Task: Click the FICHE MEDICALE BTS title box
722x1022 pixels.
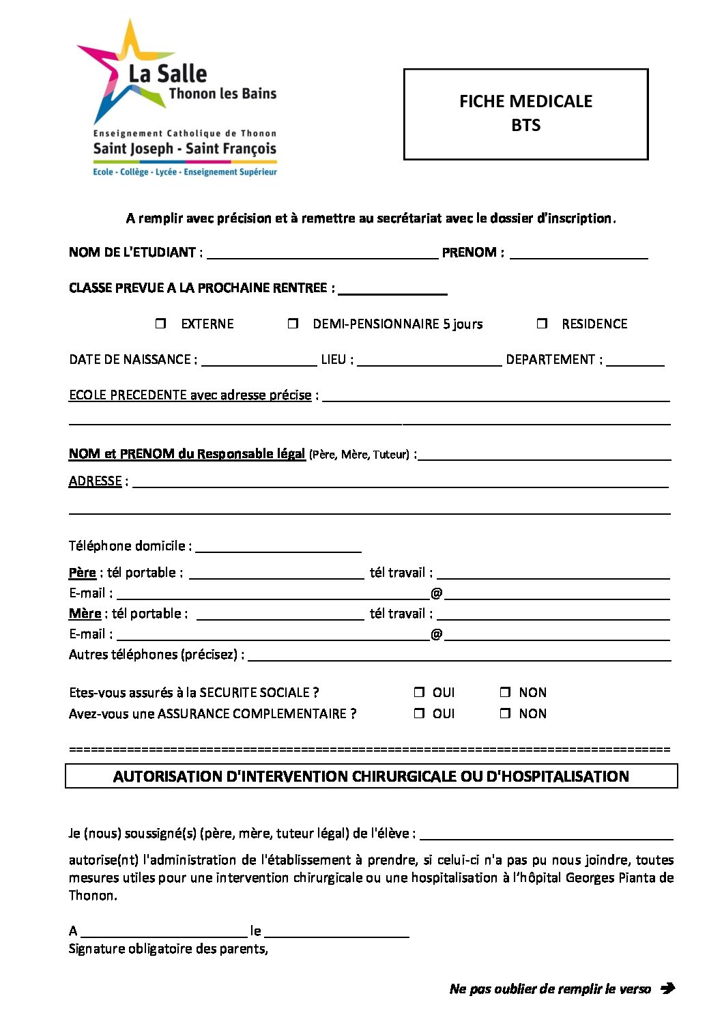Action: point(525,114)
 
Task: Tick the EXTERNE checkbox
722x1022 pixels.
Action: point(161,324)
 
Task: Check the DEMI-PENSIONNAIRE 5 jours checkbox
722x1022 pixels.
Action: point(293,324)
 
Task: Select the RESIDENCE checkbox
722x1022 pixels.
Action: point(543,324)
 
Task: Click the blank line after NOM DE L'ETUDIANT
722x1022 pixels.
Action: point(322,254)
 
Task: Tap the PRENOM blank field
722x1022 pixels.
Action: point(579,254)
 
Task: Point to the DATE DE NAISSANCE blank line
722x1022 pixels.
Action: point(259,361)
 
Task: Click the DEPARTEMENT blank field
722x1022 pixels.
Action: point(635,361)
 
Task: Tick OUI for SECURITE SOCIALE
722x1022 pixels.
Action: point(419,692)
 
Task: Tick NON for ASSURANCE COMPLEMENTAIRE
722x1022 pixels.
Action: point(505,713)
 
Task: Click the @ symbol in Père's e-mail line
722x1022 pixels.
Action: point(437,593)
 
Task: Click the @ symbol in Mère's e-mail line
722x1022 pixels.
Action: point(437,634)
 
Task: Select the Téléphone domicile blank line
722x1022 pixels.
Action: point(278,548)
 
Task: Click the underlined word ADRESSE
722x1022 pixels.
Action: point(95,481)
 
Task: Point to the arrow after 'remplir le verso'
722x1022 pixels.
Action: point(667,988)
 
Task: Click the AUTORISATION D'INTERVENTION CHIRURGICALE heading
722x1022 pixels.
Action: point(371,776)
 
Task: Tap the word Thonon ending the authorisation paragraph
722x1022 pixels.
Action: point(92,896)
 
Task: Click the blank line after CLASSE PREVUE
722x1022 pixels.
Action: point(392,289)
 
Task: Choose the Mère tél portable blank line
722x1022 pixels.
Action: point(280,615)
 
